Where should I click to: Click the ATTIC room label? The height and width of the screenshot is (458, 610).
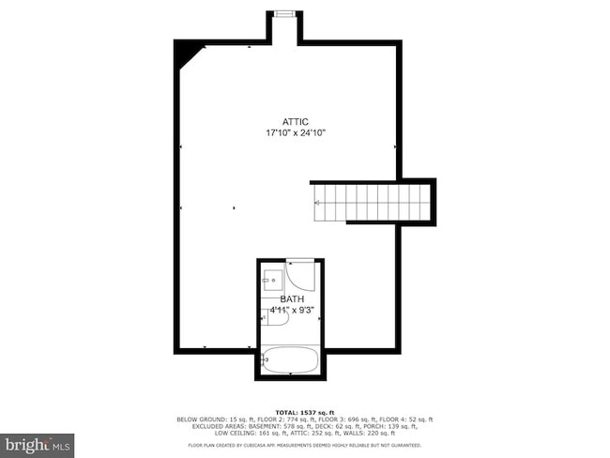click(x=296, y=122)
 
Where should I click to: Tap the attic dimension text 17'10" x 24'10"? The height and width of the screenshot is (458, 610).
click(x=296, y=133)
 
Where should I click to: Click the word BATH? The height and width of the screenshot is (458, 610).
click(x=292, y=298)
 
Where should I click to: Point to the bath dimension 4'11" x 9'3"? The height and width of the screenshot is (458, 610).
click(x=292, y=310)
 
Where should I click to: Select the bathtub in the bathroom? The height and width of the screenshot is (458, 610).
click(x=291, y=359)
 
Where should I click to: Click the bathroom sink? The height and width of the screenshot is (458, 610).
click(x=272, y=279)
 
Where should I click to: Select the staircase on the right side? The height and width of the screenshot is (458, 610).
click(x=370, y=203)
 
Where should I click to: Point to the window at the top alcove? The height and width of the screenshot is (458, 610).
click(x=283, y=13)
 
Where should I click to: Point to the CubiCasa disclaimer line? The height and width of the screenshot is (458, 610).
click(x=304, y=445)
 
